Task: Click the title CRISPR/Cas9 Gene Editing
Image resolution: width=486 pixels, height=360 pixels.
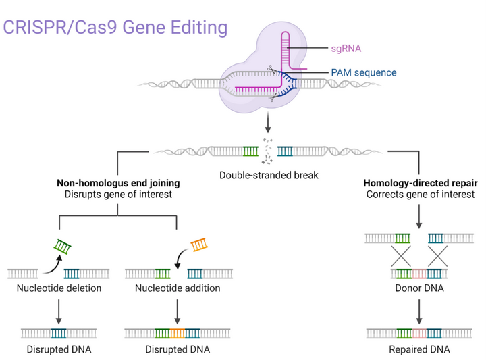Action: [x=115, y=28]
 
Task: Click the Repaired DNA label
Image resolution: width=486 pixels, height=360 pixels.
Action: [x=419, y=349]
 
